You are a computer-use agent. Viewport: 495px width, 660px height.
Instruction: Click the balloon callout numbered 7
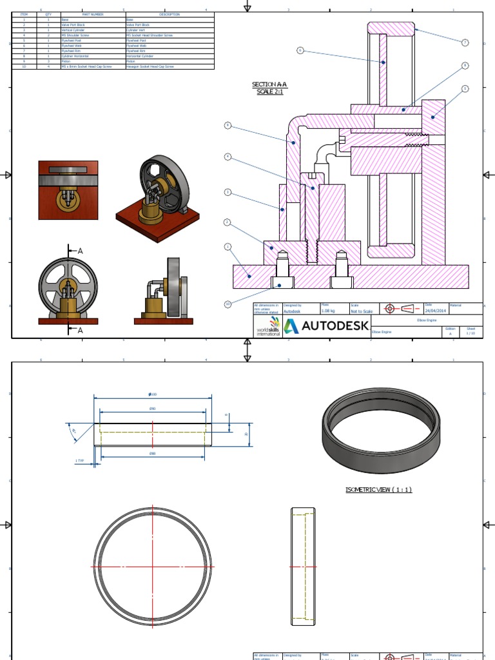(x=464, y=43)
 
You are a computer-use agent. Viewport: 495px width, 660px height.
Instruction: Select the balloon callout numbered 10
(x=227, y=304)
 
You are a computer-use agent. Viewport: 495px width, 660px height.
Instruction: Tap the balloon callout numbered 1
(x=227, y=246)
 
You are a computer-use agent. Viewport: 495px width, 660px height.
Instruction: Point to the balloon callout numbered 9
(x=227, y=125)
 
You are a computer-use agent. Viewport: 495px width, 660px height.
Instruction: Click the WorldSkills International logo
(x=267, y=327)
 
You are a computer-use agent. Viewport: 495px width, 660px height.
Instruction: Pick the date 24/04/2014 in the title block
(x=437, y=311)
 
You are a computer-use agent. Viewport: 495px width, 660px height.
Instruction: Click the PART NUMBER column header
(x=92, y=14)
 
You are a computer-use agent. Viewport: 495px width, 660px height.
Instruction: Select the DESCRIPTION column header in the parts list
(x=170, y=14)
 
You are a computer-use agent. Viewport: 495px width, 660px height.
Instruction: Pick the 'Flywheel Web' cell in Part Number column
(x=72, y=46)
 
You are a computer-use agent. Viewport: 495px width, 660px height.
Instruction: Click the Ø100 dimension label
(x=153, y=394)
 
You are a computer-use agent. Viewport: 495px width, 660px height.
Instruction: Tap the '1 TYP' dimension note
(x=80, y=461)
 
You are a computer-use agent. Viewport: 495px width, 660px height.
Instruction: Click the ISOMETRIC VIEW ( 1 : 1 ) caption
(x=378, y=490)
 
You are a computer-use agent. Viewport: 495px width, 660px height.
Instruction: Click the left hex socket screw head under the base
(x=282, y=282)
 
